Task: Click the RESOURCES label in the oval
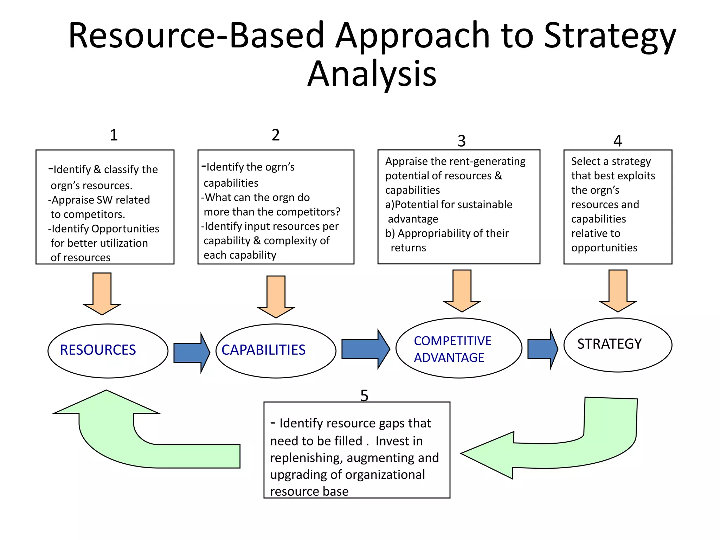(x=98, y=350)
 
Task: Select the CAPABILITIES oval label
(x=263, y=350)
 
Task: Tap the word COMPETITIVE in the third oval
(x=452, y=341)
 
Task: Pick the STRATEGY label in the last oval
(x=609, y=344)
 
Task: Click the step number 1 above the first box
(x=113, y=135)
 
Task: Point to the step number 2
(x=276, y=135)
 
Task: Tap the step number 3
(x=462, y=141)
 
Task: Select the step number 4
(x=618, y=141)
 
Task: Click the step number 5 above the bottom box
(x=364, y=396)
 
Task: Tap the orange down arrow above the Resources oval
(x=102, y=294)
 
